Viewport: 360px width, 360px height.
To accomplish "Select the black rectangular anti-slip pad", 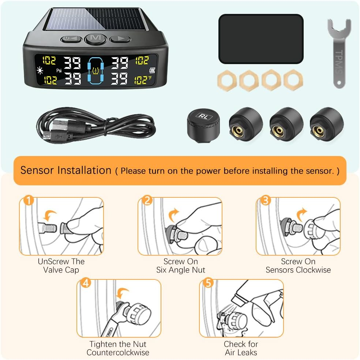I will point(260,39).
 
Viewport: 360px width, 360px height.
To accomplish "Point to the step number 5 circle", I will point(208,283).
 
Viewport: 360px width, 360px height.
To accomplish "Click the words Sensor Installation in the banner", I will point(66,170).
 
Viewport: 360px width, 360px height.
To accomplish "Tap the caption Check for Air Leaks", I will point(241,348).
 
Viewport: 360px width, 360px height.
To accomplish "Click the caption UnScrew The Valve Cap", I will point(61,266).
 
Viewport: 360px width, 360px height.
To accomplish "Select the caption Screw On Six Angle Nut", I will point(180,266).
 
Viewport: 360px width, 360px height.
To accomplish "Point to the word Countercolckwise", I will point(118,352).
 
